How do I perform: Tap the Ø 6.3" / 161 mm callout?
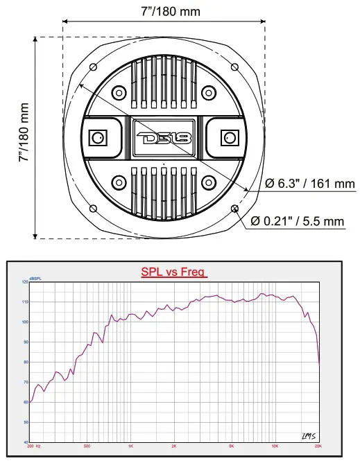(x=310, y=184)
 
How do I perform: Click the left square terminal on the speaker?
(x=97, y=137)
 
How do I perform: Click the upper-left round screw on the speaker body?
(x=119, y=93)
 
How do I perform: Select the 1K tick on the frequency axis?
(x=130, y=446)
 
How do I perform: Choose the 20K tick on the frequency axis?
(x=318, y=446)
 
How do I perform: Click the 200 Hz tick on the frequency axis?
(x=33, y=446)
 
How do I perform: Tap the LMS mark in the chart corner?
(x=309, y=435)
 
